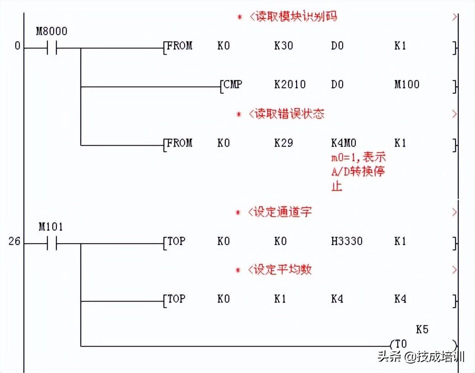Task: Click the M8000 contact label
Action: coord(51,32)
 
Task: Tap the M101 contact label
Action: coord(51,227)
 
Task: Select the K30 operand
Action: coord(283,46)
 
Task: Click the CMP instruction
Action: coord(232,84)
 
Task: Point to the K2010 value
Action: coord(289,84)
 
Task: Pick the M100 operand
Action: coord(406,84)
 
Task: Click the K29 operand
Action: coord(283,143)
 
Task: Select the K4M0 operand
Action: coord(344,143)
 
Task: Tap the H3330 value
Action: coord(346,241)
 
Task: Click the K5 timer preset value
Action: coord(422,330)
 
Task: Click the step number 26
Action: coord(14,242)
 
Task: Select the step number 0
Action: coord(17,46)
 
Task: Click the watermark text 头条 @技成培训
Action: coord(421,357)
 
